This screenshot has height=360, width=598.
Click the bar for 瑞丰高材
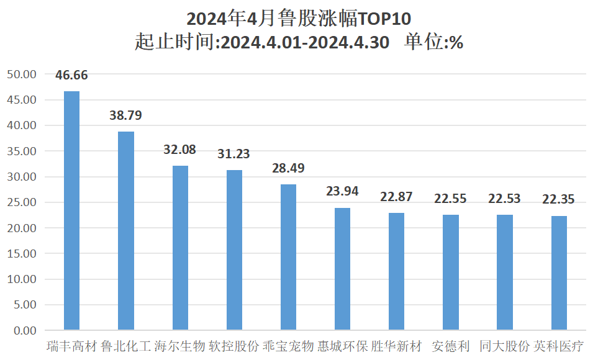click(x=72, y=210)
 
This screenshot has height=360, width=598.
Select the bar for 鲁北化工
click(x=126, y=230)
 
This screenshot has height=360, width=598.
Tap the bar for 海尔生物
click(x=180, y=248)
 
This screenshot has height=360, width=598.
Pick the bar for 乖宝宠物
click(x=288, y=257)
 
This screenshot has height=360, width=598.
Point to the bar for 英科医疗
click(x=559, y=272)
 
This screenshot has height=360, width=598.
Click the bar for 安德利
click(x=451, y=272)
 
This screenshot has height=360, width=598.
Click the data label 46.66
click(x=72, y=76)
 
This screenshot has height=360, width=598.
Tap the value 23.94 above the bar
click(x=342, y=191)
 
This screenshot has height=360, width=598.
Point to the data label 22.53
click(x=504, y=199)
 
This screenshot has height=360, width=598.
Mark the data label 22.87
click(x=396, y=197)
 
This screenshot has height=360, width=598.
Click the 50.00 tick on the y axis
click(x=22, y=74)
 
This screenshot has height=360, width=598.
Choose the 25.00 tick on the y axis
click(x=22, y=202)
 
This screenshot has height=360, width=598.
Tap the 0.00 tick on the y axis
click(x=25, y=330)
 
